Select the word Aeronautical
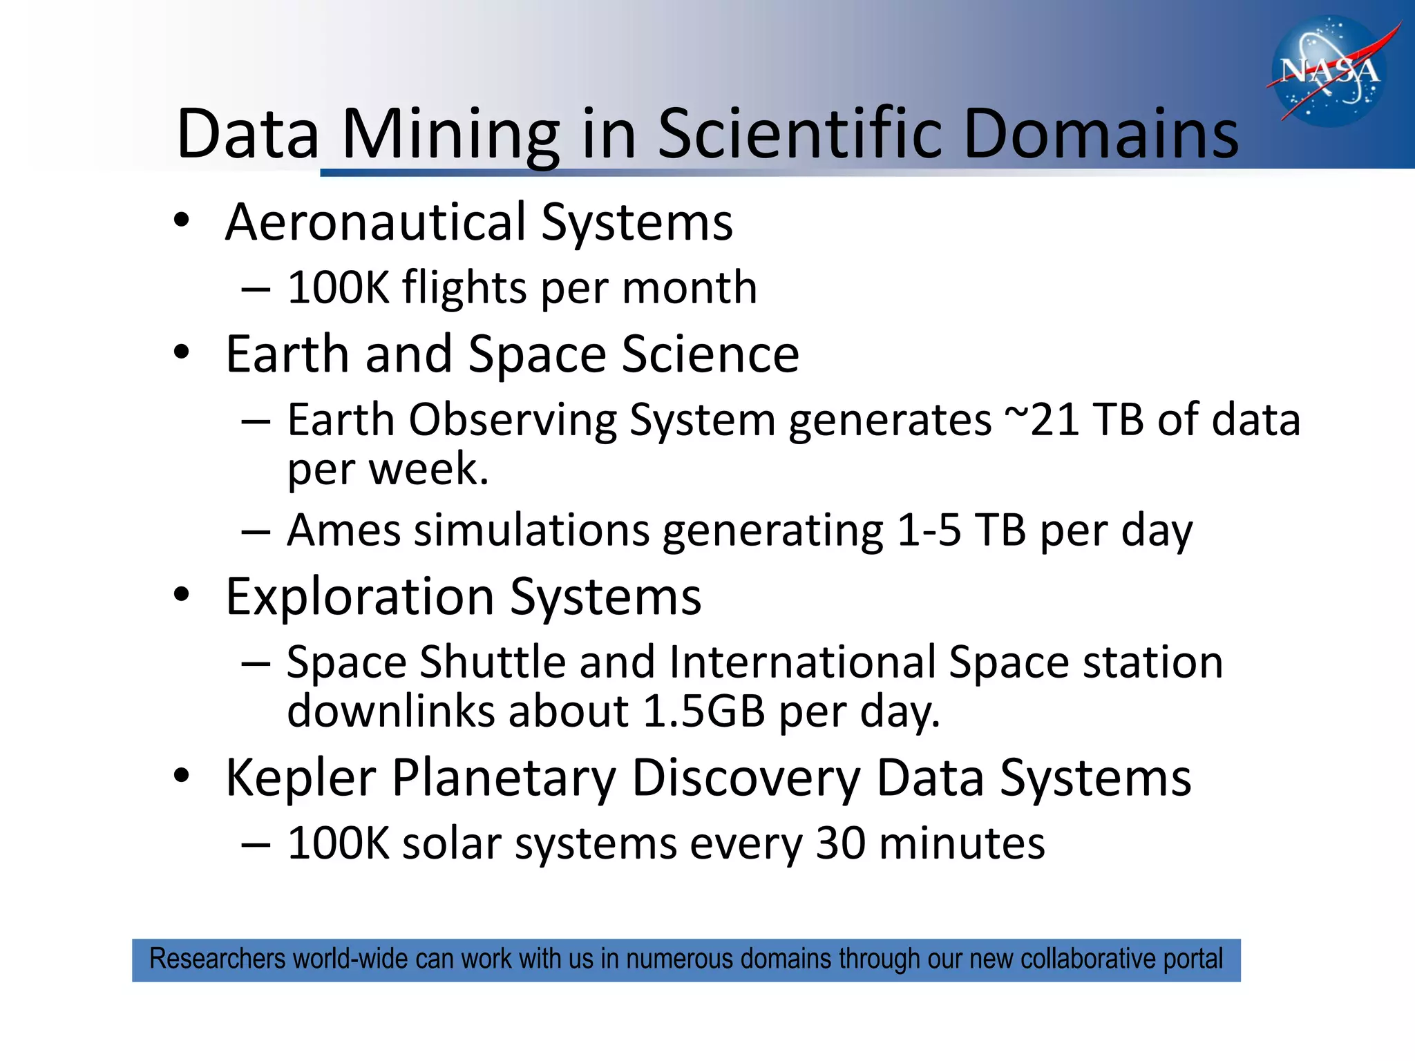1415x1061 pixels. (376, 222)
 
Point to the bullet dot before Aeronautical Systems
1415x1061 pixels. (182, 220)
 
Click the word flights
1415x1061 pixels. (464, 287)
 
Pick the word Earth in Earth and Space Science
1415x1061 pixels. (288, 354)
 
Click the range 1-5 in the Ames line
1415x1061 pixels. (929, 530)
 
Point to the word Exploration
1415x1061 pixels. (360, 597)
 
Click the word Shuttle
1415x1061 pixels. (493, 662)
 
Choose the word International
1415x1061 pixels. (802, 662)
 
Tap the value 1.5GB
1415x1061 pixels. (704, 711)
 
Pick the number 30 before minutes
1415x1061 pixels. (840, 844)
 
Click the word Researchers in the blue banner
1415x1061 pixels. (217, 959)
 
